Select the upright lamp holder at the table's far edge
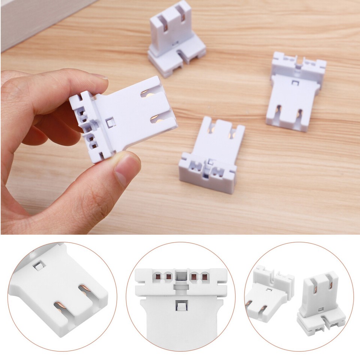click(x=175, y=39)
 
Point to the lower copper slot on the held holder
click(x=158, y=120)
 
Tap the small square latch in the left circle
click(x=38, y=267)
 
